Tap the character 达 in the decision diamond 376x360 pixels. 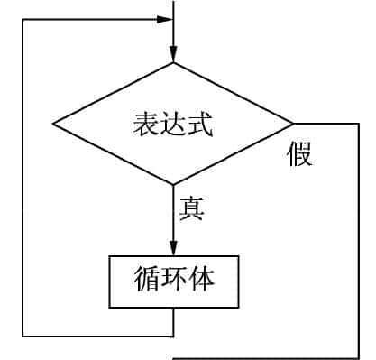[174, 125]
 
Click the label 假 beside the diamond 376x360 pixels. [300, 154]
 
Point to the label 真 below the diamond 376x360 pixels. [191, 208]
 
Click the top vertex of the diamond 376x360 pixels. [173, 62]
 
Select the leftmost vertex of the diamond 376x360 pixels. [53, 124]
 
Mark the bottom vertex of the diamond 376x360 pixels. [173, 185]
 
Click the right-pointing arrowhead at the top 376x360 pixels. [166, 19]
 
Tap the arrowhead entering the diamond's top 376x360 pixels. [173, 55]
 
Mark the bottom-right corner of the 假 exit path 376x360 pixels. [359, 357]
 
